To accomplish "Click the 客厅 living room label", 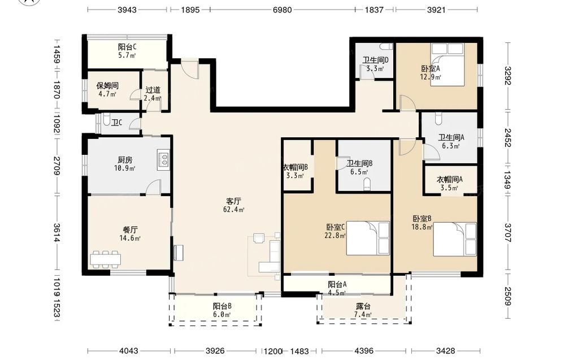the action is click(233, 201).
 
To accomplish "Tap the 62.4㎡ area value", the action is click(234, 210).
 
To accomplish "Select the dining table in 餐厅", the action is click(105, 259).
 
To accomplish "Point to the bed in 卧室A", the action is click(447, 64).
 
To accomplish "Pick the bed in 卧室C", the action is click(368, 238).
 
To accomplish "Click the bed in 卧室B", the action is click(455, 239).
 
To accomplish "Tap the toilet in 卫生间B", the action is click(367, 184).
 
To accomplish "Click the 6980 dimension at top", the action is click(282, 10).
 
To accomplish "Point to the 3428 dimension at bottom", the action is click(445, 350).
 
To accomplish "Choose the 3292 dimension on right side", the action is click(508, 76).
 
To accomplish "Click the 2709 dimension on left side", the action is click(57, 166).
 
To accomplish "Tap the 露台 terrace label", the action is click(363, 306).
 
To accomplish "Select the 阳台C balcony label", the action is click(127, 47).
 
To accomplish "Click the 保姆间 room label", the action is click(107, 86).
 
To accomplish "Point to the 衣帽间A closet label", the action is click(449, 179).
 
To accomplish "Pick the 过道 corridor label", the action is click(153, 90).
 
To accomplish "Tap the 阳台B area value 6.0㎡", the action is click(221, 315).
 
